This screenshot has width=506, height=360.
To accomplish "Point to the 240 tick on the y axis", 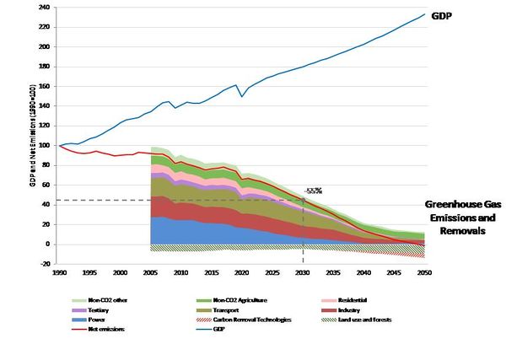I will (x=42, y=7).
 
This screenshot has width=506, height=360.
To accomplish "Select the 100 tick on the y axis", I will (x=42, y=146).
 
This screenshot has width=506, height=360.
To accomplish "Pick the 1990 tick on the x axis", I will (x=60, y=272).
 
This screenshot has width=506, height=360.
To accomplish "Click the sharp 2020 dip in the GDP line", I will (x=242, y=96).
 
